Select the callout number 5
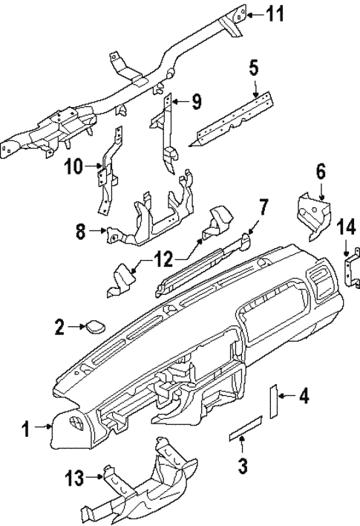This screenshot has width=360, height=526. click(x=254, y=71)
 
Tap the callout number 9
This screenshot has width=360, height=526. click(x=196, y=102)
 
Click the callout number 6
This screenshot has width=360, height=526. click(x=321, y=172)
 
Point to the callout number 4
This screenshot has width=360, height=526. click(x=303, y=397)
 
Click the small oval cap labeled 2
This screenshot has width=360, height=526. click(x=96, y=325)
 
